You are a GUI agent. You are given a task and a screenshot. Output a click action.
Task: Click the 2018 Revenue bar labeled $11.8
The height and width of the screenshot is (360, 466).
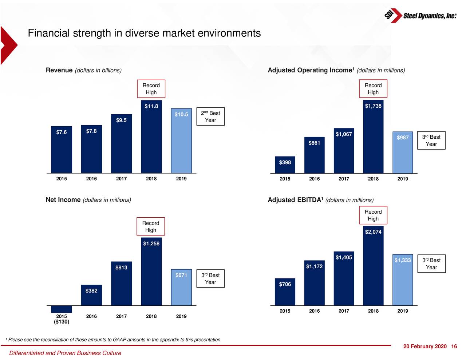click(x=151, y=138)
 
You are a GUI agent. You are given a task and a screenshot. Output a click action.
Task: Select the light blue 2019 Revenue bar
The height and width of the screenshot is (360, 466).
click(x=181, y=142)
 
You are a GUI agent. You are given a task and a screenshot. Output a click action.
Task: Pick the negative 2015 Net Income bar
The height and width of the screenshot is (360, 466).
click(x=62, y=309)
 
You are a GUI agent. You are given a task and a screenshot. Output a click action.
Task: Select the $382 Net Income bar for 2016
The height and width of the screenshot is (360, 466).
click(x=91, y=296)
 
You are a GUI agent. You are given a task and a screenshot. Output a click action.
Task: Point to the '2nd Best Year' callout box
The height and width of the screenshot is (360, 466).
click(x=210, y=116)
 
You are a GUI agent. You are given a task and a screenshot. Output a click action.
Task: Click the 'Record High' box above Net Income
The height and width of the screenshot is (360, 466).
click(x=151, y=226)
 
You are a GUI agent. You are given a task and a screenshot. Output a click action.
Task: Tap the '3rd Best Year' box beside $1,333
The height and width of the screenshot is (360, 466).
click(x=431, y=264)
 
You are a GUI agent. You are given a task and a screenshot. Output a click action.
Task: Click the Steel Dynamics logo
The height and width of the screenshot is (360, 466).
click(x=420, y=16)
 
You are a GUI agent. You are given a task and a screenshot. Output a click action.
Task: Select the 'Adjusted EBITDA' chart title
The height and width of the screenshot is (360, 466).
click(x=295, y=200)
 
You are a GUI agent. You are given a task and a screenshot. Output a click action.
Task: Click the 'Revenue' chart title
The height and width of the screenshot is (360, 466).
click(x=59, y=70)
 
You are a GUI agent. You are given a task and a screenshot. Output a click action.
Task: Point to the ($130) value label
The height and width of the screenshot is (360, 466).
click(x=62, y=322)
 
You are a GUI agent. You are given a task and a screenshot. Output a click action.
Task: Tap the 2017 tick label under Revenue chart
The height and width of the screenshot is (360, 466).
click(x=121, y=179)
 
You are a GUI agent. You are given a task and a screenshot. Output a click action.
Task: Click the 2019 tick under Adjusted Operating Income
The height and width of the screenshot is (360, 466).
click(x=403, y=179)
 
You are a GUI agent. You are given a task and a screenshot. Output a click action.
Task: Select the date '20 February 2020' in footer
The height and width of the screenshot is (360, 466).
click(x=424, y=346)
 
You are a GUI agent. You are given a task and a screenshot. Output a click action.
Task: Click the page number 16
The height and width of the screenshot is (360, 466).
click(x=454, y=346)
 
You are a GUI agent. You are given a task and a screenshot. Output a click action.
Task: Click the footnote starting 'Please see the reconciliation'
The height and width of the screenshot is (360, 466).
click(x=115, y=340)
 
